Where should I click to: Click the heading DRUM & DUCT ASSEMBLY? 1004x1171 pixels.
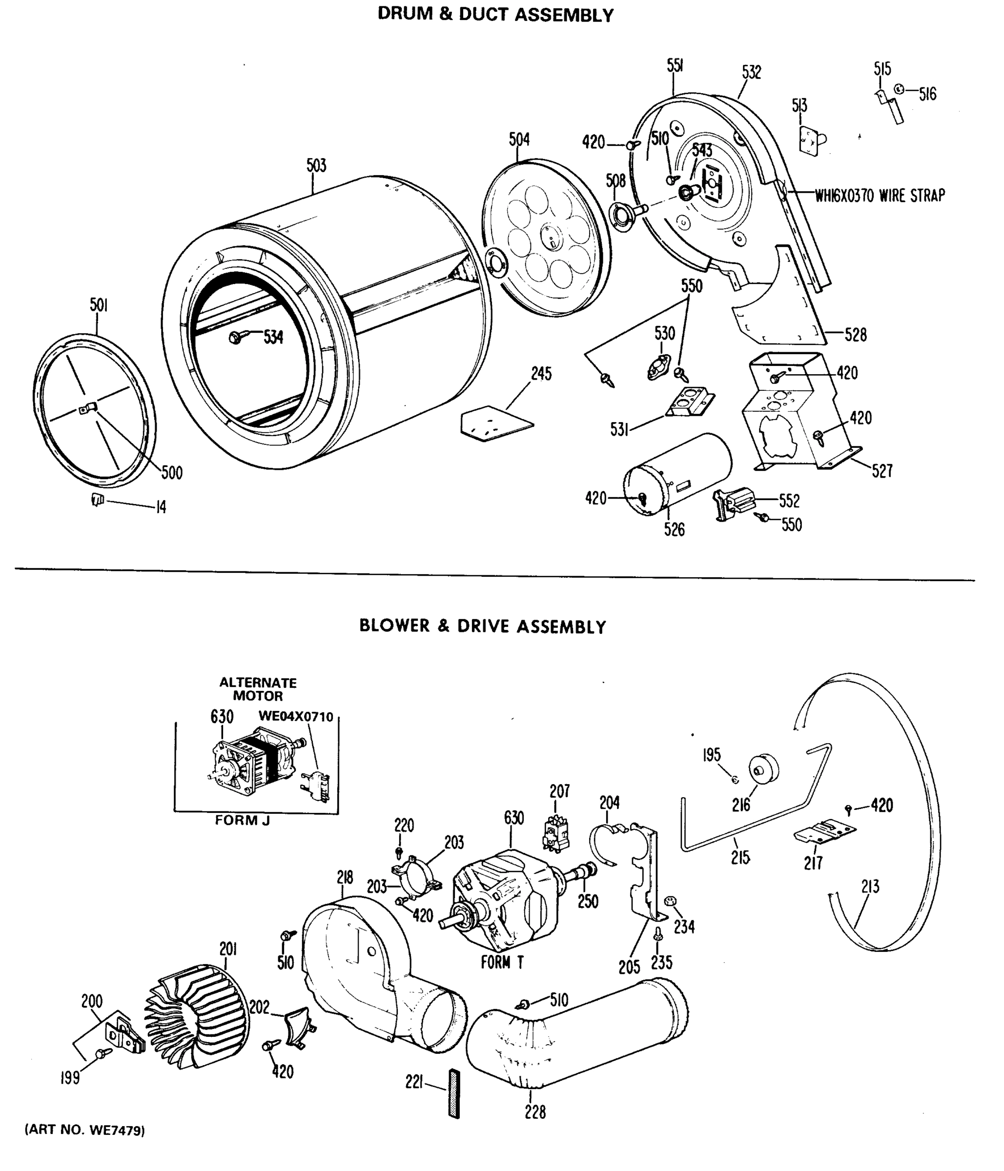click(495, 15)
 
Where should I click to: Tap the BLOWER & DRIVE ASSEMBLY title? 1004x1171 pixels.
click(482, 626)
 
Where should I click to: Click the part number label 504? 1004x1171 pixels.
click(519, 140)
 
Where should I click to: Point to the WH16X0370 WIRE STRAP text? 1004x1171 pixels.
click(879, 196)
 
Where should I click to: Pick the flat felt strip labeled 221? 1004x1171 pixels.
click(454, 1092)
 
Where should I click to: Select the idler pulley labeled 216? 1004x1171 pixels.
click(764, 768)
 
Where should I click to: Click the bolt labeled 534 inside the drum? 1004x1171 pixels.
click(235, 338)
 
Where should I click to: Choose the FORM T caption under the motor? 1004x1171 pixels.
click(502, 962)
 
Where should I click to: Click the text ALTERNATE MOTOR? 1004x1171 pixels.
click(258, 689)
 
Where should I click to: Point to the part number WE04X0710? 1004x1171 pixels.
click(296, 717)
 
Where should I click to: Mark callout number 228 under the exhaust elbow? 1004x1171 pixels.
click(535, 1112)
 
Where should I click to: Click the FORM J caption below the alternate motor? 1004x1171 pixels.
click(242, 820)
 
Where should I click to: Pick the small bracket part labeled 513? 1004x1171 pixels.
click(810, 139)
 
